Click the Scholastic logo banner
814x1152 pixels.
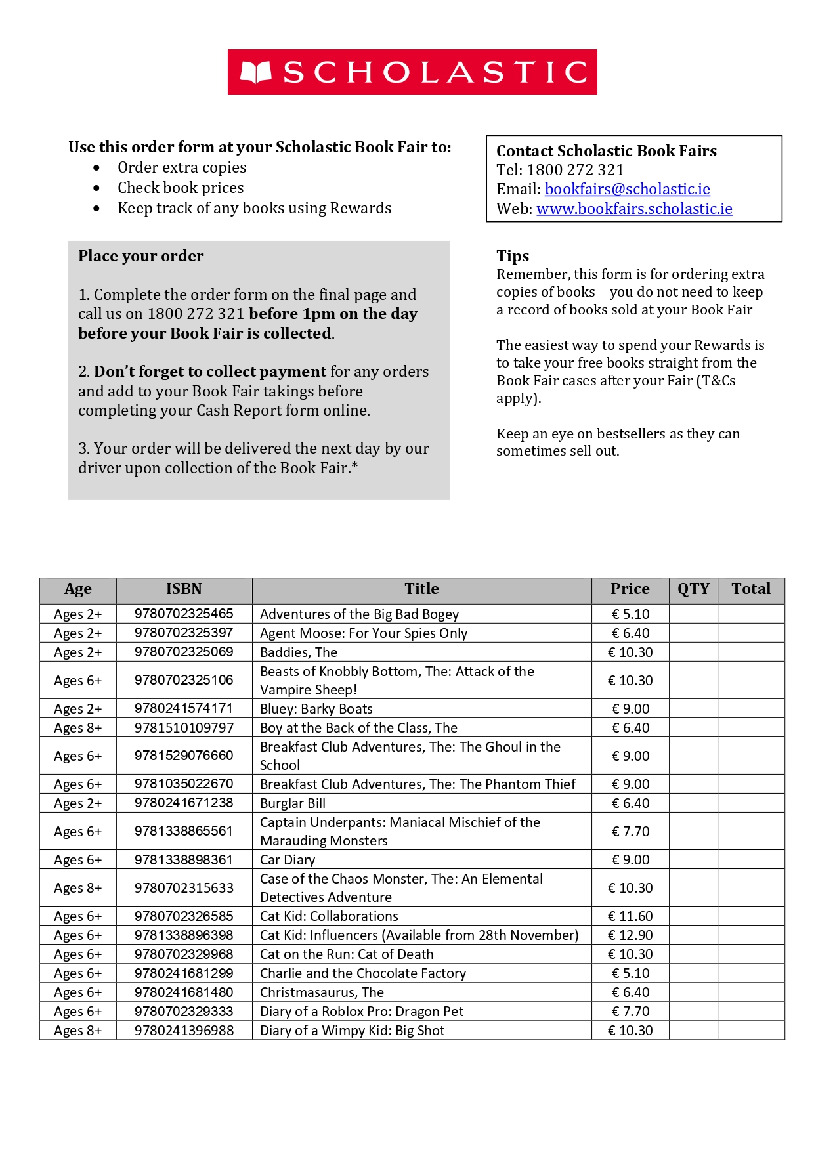pyautogui.click(x=412, y=72)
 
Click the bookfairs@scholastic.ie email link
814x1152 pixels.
pyautogui.click(x=627, y=189)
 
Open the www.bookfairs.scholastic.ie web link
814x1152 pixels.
pyautogui.click(x=634, y=209)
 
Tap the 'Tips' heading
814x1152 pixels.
pyautogui.click(x=513, y=256)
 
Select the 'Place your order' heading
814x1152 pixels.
pyautogui.click(x=141, y=256)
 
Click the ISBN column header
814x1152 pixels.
pyautogui.click(x=184, y=589)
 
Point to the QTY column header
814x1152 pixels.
pyautogui.click(x=693, y=589)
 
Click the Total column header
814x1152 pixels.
pyautogui.click(x=751, y=589)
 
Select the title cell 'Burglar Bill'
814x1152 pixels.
pyautogui.click(x=293, y=803)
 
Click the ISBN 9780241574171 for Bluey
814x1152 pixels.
pyautogui.click(x=184, y=708)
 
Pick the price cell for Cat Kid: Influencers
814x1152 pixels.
pyautogui.click(x=630, y=935)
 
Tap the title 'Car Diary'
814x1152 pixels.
pyautogui.click(x=288, y=860)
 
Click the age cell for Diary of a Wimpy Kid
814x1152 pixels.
pyautogui.click(x=78, y=1031)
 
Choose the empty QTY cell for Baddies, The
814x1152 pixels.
pyautogui.click(x=693, y=652)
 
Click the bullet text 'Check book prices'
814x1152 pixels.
pyautogui.click(x=181, y=188)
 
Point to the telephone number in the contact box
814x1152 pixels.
pyautogui.click(x=575, y=171)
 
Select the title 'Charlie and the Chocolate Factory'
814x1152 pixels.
pyautogui.click(x=363, y=973)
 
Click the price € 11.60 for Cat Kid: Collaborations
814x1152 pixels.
pyautogui.click(x=630, y=916)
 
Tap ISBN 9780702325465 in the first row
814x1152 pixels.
pyautogui.click(x=184, y=614)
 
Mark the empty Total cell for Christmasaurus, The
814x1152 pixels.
pyautogui.click(x=751, y=992)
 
